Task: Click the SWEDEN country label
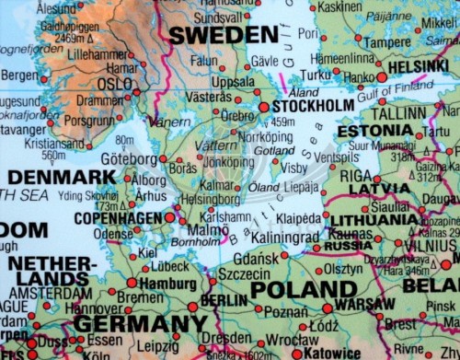click(x=224, y=35)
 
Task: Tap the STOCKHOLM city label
click(x=313, y=106)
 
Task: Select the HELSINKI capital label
click(x=418, y=66)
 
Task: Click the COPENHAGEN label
click(x=117, y=218)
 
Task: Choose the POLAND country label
click(x=303, y=289)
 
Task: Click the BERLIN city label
click(x=224, y=301)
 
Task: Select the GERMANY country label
click(x=140, y=324)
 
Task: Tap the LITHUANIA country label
click(x=374, y=220)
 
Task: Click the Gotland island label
click(x=274, y=150)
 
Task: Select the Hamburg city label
click(x=169, y=284)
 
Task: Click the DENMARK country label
click(x=62, y=176)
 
